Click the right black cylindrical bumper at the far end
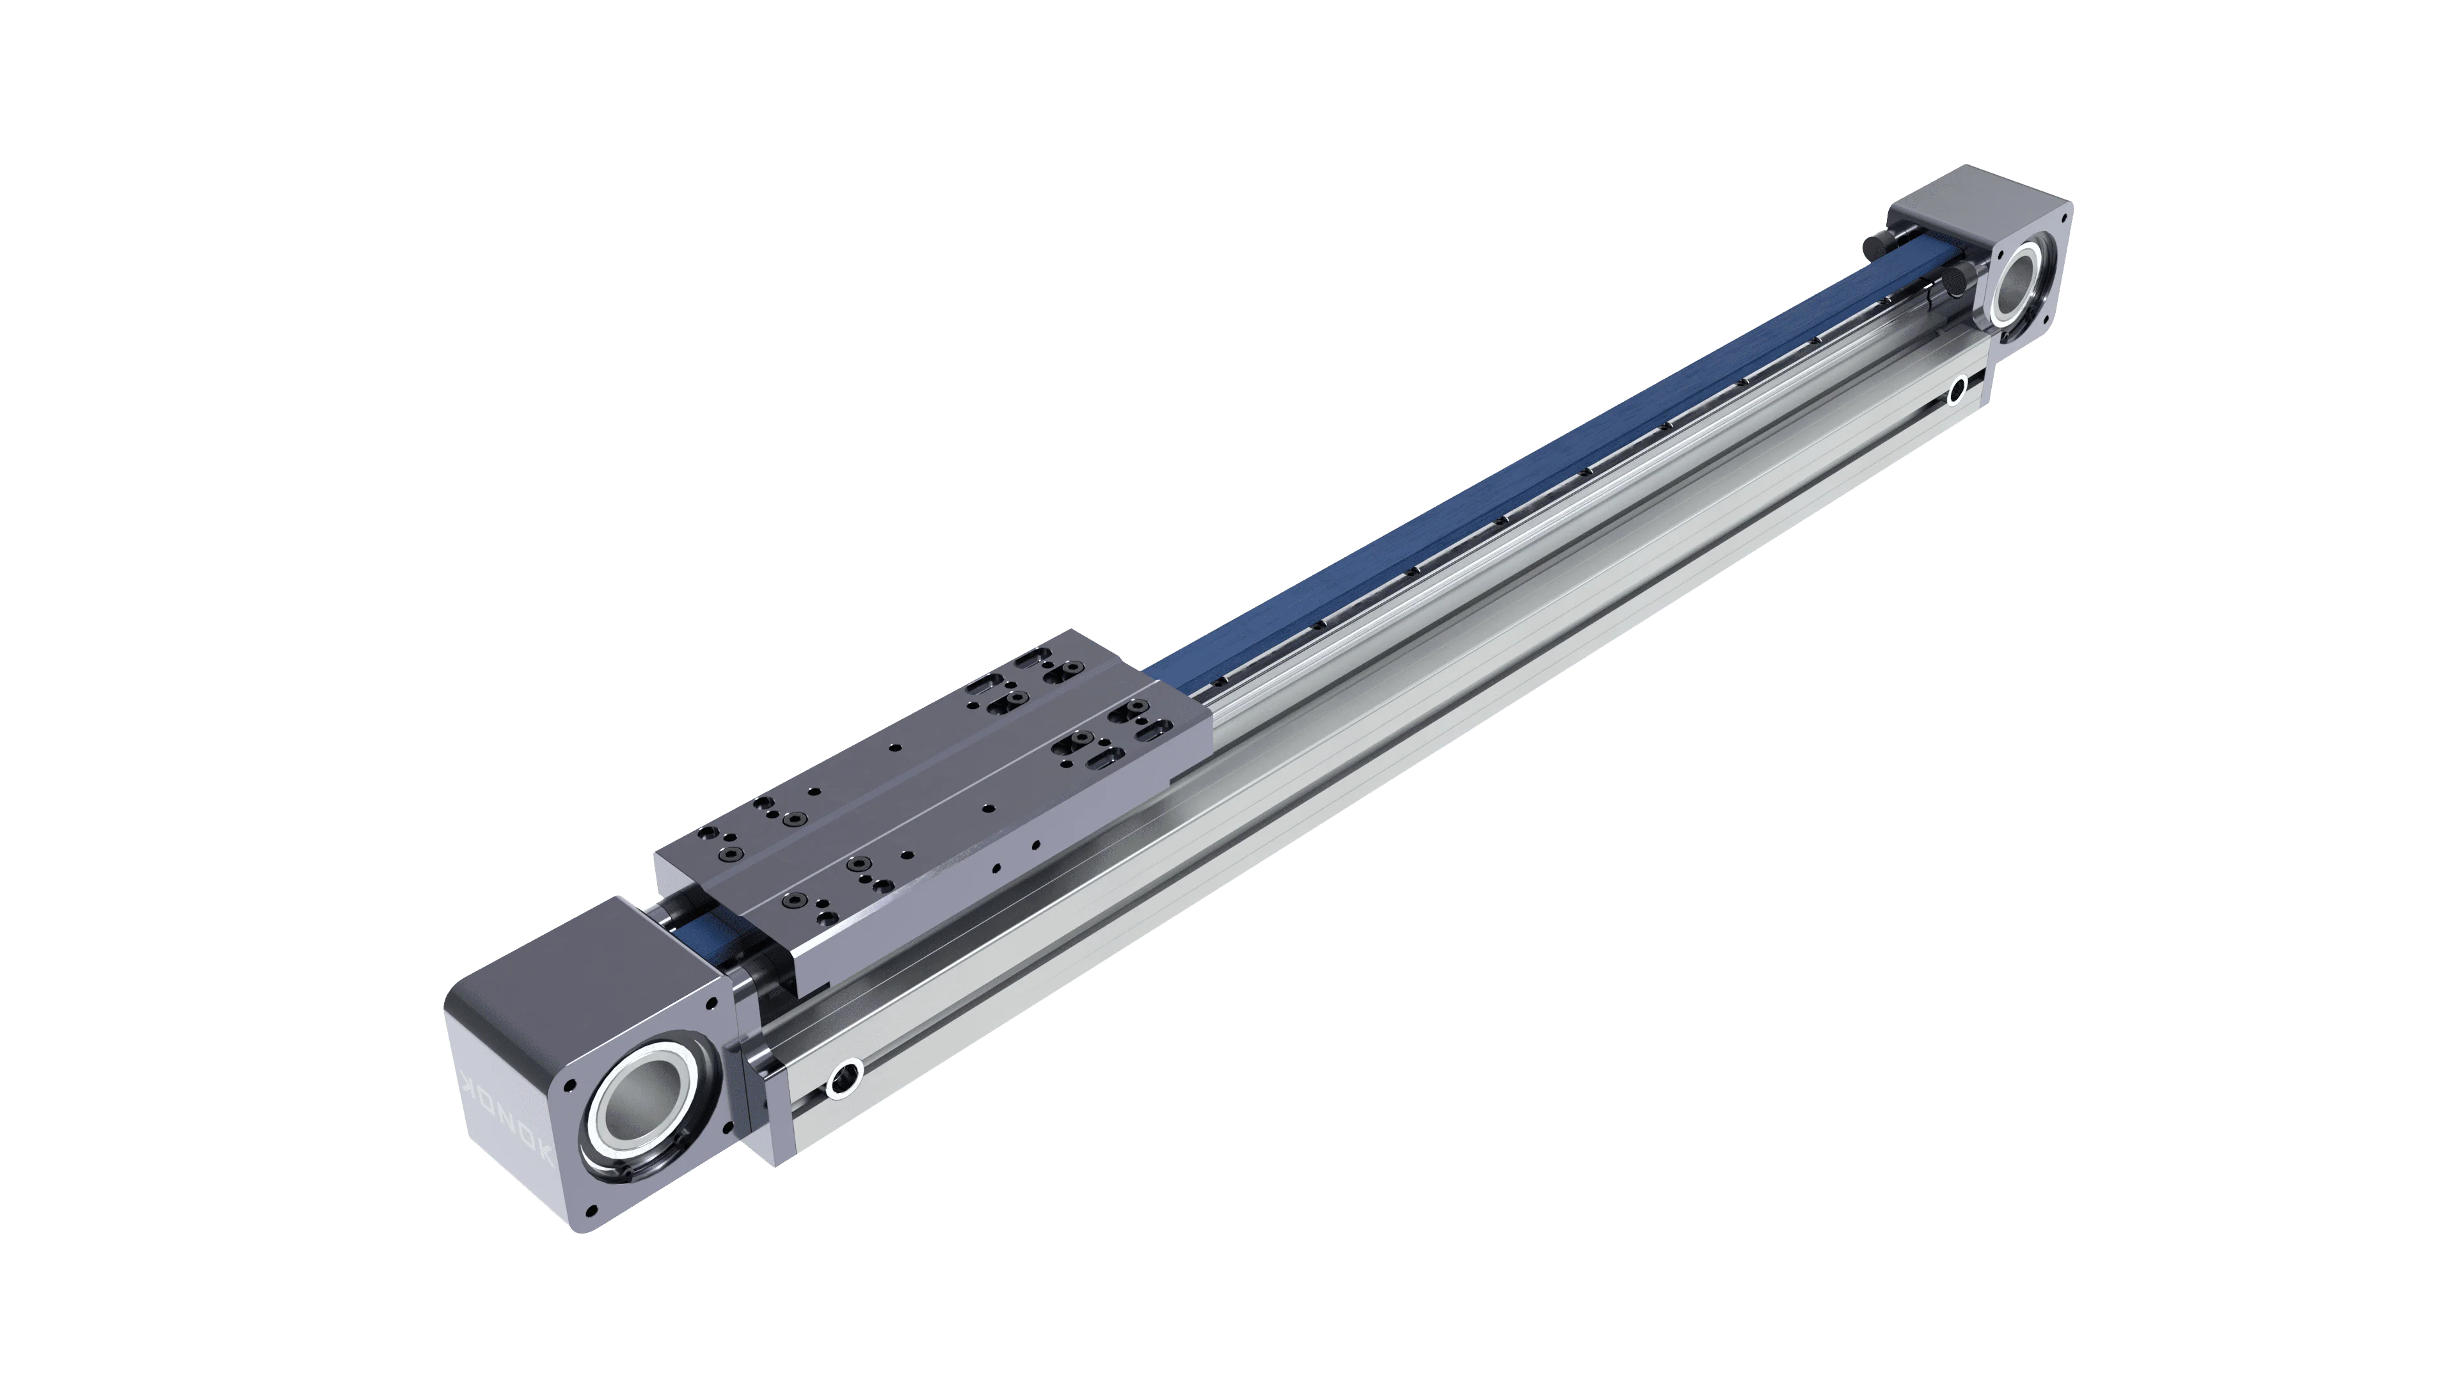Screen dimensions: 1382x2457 tap(1948, 282)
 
